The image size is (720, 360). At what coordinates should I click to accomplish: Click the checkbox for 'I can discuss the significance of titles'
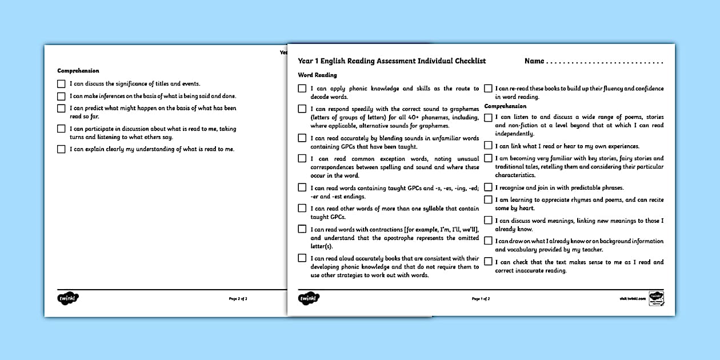[x=61, y=83]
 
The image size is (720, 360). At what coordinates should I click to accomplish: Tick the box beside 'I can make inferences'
[x=61, y=96]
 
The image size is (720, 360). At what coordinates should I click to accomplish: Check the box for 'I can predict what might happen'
[x=61, y=108]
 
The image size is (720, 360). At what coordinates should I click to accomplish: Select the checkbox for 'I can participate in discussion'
[x=61, y=129]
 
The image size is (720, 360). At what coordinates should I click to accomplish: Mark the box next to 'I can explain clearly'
[x=61, y=149]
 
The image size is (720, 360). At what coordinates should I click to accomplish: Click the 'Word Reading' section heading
[x=317, y=75]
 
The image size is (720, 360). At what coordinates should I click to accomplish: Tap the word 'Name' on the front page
[x=534, y=61]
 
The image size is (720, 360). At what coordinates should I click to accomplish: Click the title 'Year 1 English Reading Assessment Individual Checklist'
[x=391, y=61]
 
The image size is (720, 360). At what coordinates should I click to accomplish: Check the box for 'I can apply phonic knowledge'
[x=302, y=89]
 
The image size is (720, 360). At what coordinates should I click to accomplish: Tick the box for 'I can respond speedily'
[x=302, y=109]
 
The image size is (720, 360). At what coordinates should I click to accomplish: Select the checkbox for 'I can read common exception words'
[x=302, y=159]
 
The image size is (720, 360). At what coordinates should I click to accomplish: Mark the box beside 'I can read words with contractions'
[x=302, y=229]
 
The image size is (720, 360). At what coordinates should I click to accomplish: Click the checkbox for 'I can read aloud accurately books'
[x=302, y=258]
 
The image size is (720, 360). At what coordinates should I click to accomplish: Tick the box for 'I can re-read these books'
[x=488, y=89]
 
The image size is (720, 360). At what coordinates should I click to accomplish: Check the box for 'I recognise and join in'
[x=488, y=187]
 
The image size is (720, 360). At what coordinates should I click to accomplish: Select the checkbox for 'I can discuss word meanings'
[x=488, y=221]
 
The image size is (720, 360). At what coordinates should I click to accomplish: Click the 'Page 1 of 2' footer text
[x=481, y=299]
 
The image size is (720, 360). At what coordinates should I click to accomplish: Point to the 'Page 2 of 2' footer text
[x=238, y=298]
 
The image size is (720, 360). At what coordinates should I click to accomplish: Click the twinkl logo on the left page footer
[x=67, y=298]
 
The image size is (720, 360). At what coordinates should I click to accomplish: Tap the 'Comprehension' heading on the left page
[x=78, y=71]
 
